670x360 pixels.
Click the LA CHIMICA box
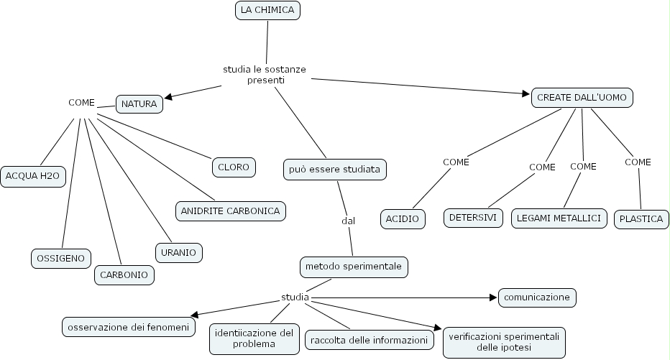pos(267,10)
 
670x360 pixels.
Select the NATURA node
pos(139,104)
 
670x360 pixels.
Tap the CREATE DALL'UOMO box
pos(582,98)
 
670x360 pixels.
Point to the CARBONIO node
pos(124,274)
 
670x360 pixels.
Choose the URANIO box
pos(179,252)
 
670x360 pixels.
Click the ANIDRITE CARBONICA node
pos(230,211)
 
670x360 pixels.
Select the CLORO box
pos(234,167)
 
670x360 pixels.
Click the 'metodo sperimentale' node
pos(354,267)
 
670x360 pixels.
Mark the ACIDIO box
pos(403,218)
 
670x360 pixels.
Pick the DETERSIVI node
pos(473,218)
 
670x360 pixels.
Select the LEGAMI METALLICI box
pos(559,218)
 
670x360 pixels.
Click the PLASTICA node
pos(641,219)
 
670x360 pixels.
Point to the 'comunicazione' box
pos(537,297)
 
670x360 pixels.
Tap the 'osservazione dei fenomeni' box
pos(128,327)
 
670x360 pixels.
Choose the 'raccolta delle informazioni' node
pos(369,340)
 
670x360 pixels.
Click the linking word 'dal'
pos(349,221)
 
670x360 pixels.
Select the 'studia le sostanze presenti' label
pos(265,75)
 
